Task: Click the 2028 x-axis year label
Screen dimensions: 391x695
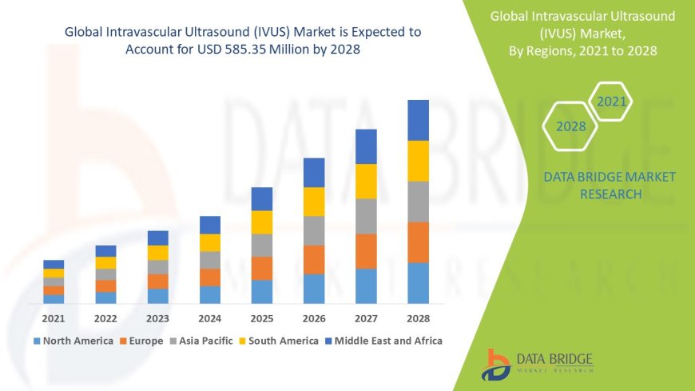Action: (x=418, y=318)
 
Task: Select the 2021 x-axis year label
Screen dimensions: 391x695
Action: (x=54, y=318)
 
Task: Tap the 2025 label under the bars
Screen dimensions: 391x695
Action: (x=262, y=318)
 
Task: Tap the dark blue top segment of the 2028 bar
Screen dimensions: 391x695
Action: (x=418, y=120)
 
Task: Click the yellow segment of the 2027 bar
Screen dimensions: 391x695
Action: (x=366, y=181)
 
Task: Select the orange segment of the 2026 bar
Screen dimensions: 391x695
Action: (x=314, y=259)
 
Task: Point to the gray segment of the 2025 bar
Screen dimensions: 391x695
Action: (x=262, y=245)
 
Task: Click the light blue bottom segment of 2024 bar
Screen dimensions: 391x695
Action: (x=210, y=294)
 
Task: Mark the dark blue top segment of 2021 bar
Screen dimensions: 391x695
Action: (x=54, y=264)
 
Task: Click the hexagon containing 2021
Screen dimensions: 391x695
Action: (x=612, y=102)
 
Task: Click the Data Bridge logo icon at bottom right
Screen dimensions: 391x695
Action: (x=498, y=363)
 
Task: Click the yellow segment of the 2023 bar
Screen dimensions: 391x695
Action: (x=158, y=253)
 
